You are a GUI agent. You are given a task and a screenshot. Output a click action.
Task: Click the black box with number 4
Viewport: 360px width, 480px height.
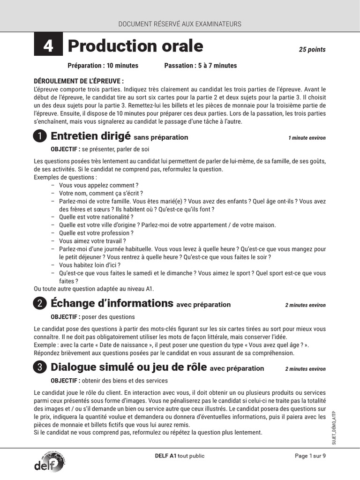coord(48,46)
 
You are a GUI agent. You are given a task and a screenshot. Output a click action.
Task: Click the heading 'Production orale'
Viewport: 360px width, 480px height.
coord(135,46)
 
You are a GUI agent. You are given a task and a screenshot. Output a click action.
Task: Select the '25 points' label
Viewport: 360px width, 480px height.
coord(312,50)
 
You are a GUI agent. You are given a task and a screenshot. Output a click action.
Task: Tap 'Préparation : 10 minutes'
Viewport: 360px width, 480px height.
coord(103,66)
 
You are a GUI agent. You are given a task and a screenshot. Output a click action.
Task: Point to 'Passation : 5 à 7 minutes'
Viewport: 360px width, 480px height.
coord(201,66)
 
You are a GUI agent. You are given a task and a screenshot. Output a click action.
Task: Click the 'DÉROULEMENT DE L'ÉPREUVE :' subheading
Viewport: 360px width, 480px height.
coord(79,81)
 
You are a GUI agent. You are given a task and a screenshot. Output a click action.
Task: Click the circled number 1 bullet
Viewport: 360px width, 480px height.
coord(40,136)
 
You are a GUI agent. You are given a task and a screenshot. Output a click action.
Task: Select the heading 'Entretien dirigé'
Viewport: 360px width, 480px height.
coord(90,136)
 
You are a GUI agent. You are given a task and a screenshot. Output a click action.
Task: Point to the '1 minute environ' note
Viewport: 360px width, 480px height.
coord(307,138)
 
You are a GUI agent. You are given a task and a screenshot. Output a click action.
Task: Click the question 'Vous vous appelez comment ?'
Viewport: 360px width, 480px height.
coord(98,186)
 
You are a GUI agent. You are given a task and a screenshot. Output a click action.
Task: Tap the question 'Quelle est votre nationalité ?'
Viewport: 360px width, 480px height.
coord(96,217)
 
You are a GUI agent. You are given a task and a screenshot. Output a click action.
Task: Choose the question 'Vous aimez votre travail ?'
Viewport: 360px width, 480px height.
coord(92,241)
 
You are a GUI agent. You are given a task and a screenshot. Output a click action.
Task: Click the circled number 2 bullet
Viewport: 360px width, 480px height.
coord(40,304)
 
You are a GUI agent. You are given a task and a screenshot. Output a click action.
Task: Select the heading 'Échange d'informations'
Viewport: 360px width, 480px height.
coord(112,303)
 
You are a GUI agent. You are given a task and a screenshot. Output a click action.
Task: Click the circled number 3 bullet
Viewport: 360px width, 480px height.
coord(40,368)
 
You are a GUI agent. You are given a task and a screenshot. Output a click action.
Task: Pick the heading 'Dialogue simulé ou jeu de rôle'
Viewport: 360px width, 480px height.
coord(128,367)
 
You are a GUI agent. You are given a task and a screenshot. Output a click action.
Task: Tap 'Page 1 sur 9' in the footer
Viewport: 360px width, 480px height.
coord(310,456)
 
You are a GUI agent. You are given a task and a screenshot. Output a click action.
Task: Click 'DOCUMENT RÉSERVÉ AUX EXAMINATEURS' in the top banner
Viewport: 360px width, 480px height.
coord(180,24)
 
